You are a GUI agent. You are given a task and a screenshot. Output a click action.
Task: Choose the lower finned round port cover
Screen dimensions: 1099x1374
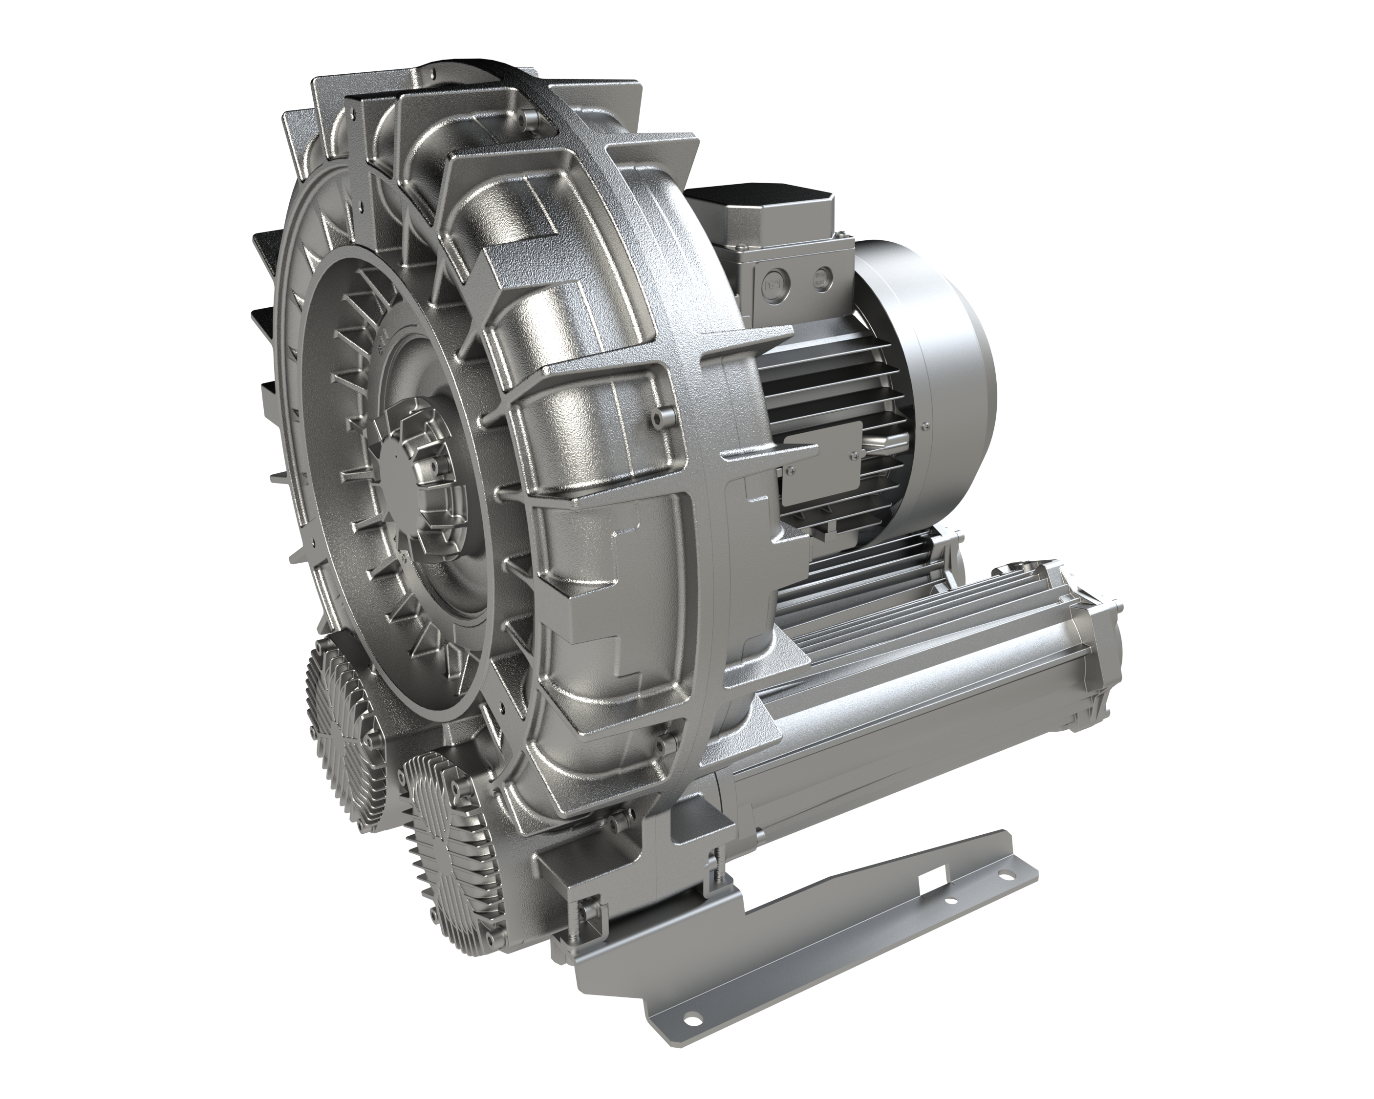[x=450, y=828]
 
